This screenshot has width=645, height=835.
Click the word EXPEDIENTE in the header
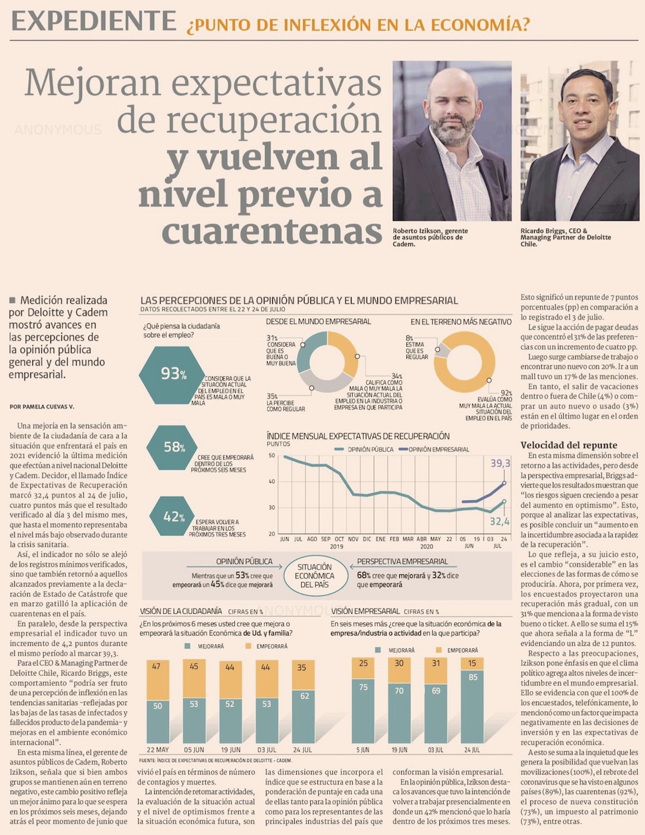click(x=94, y=21)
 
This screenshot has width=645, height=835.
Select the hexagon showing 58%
click(x=172, y=447)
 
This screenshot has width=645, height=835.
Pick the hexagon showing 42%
click(x=173, y=516)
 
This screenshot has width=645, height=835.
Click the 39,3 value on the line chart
click(x=500, y=463)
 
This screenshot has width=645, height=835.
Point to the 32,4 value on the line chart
click(x=499, y=521)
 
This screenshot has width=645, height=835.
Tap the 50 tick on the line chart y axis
click(x=272, y=456)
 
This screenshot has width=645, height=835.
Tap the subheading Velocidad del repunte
click(x=568, y=445)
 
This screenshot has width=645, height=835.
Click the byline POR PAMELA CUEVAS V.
click(x=42, y=407)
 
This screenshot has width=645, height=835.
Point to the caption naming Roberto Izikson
click(x=430, y=237)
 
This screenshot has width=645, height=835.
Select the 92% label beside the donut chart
click(x=506, y=393)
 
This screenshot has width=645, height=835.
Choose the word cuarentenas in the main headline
click(x=272, y=231)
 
